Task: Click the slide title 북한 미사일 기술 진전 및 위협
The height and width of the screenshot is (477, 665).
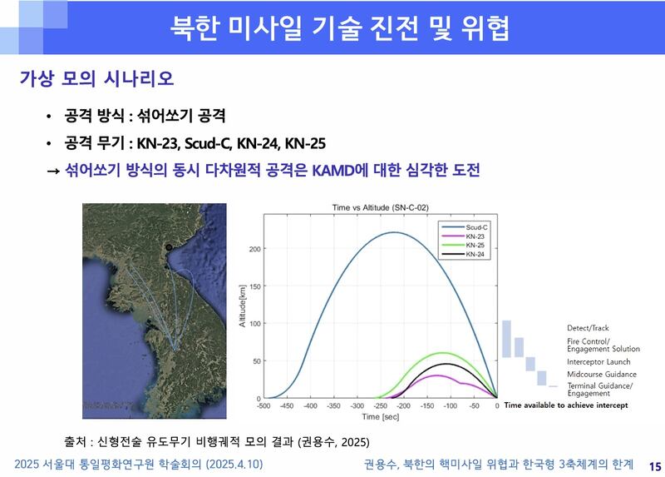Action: (x=340, y=27)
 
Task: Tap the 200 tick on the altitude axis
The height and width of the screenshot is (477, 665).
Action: (x=254, y=249)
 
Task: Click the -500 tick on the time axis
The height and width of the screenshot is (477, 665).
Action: (x=264, y=405)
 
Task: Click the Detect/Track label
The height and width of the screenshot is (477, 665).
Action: (x=588, y=328)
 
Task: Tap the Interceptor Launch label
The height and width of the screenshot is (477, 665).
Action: (x=598, y=362)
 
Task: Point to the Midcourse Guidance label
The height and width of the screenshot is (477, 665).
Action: (x=601, y=375)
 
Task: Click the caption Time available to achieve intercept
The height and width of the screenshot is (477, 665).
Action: (x=565, y=405)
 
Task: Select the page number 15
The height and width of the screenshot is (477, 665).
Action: (x=653, y=465)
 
